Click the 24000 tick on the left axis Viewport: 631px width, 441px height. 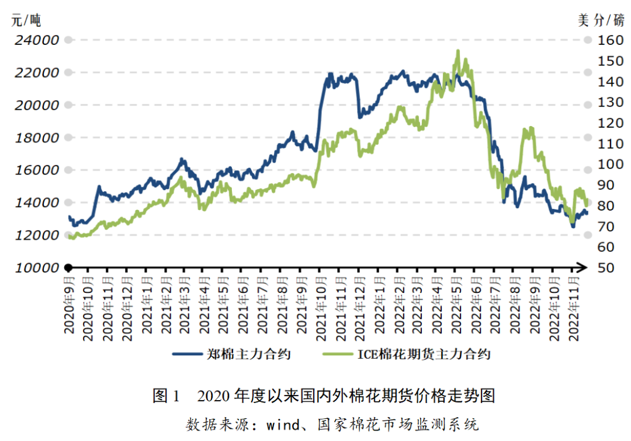(37, 40)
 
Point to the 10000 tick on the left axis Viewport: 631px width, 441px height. (37, 268)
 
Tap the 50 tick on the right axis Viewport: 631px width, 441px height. (605, 268)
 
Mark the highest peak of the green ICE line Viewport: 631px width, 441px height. (457, 51)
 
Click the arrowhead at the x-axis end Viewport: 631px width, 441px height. (583, 268)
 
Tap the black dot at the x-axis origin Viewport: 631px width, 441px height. (68, 268)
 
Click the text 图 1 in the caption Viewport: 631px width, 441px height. (168, 397)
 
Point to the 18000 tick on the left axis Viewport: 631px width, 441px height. (37, 138)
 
